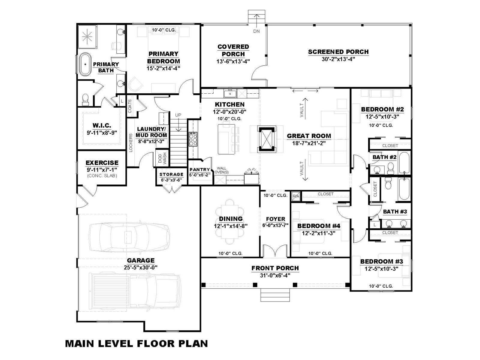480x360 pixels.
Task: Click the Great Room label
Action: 309,136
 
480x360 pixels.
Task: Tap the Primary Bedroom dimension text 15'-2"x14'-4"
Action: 163,68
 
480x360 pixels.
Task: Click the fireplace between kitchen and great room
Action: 266,139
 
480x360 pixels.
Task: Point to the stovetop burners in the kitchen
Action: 193,139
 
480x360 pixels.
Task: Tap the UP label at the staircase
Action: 178,115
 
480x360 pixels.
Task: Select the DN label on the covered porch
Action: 256,31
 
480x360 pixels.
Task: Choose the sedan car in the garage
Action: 129,236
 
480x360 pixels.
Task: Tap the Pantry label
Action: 200,169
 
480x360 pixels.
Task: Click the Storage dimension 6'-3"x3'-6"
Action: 171,180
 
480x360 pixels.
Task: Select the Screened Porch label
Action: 338,52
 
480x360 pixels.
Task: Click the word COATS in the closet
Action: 130,106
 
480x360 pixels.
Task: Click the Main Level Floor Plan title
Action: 136,343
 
